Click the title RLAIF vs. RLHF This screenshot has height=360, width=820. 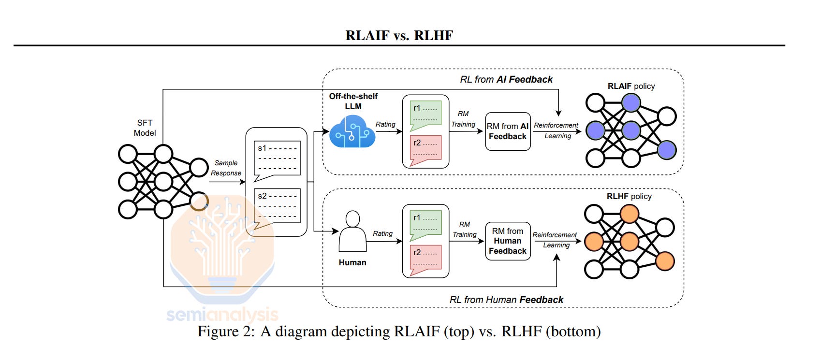399,35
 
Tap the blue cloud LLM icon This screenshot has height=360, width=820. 352,132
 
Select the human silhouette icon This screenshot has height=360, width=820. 352,232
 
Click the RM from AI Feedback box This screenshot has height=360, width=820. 508,131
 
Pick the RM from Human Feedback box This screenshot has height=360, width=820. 508,241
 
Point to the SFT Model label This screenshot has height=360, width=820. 145,128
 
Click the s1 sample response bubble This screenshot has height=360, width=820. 277,159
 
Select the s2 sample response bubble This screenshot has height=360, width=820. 277,207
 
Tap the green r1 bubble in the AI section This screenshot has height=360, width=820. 425,115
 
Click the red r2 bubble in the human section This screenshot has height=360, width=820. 425,259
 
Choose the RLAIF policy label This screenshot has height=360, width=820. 631,86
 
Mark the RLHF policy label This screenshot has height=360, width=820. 629,196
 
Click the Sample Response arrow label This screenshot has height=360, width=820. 226,168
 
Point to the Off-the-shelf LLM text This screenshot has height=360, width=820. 353,101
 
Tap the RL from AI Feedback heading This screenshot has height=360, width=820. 506,79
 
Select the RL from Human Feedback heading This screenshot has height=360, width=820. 506,300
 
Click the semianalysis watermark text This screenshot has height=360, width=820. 222,315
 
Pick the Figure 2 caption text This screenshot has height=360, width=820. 399,331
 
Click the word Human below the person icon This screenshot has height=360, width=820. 352,262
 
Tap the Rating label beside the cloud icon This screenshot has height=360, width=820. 385,124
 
